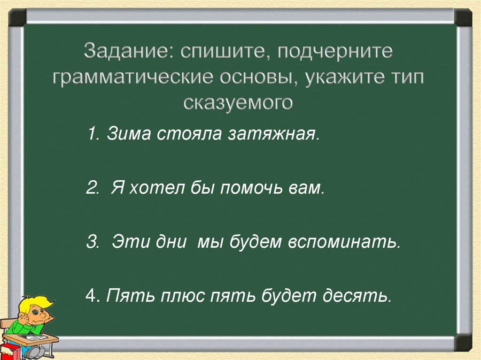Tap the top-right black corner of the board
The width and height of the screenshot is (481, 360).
pyautogui.click(x=463, y=17)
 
